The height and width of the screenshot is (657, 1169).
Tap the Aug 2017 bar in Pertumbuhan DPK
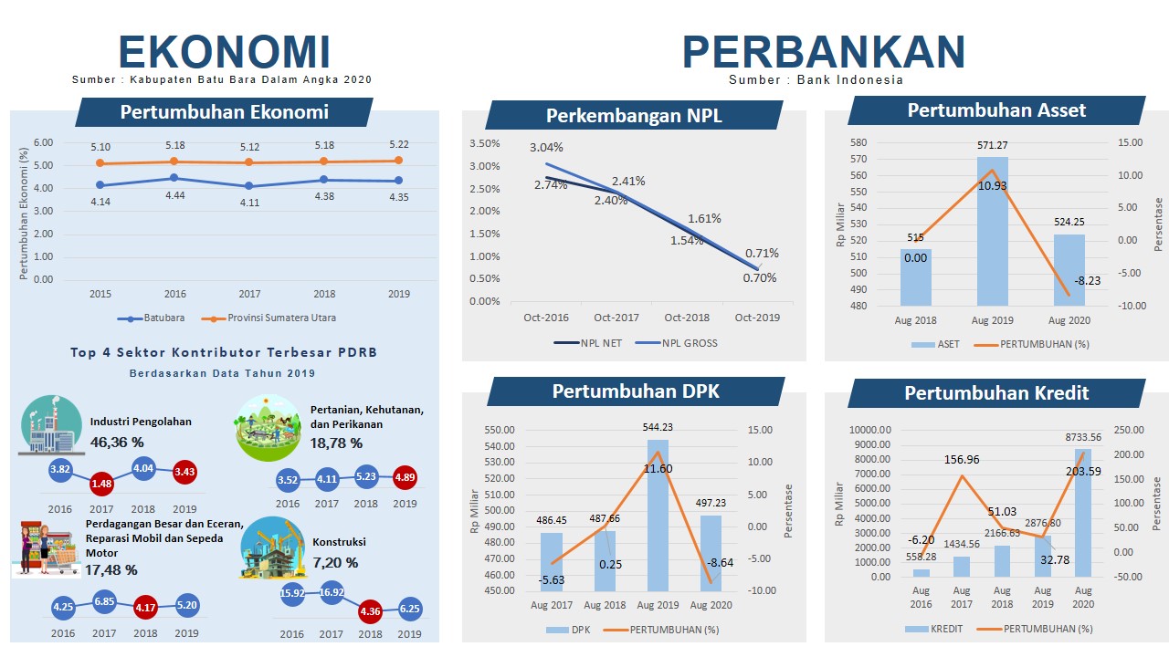[x=552, y=561]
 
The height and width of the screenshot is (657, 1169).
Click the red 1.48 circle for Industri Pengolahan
[x=101, y=484]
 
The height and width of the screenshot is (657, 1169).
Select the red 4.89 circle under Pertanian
[x=405, y=477]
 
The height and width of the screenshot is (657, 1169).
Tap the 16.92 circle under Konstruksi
[x=332, y=592]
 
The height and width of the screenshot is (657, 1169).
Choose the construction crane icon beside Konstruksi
[x=272, y=547]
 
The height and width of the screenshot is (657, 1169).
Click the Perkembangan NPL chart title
[x=634, y=116]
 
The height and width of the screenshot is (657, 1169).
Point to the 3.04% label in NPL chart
[x=546, y=148]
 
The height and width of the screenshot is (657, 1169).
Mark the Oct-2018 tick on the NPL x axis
[x=687, y=318]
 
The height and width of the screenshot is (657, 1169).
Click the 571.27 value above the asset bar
[x=993, y=145]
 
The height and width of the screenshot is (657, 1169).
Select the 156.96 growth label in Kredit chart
[x=962, y=460]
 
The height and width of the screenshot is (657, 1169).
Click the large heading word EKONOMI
[x=224, y=52]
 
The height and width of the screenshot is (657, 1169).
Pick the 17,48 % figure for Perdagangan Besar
[x=111, y=570]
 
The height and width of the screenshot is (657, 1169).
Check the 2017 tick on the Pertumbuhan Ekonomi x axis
[x=249, y=295]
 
